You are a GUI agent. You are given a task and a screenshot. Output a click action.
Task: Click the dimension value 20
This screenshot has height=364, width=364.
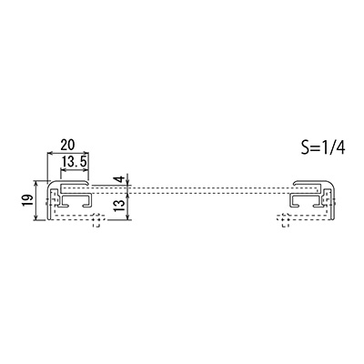click(67, 145)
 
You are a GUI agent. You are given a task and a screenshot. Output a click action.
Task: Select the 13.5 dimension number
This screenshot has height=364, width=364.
click(75, 163)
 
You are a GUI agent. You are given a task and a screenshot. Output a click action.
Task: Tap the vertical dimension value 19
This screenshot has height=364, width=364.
click(27, 200)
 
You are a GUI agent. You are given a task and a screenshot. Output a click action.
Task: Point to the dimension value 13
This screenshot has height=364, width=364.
click(120, 206)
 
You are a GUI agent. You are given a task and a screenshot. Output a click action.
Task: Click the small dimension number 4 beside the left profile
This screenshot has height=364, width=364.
click(121, 179)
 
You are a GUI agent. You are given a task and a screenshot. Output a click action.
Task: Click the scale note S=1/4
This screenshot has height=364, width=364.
click(323, 147)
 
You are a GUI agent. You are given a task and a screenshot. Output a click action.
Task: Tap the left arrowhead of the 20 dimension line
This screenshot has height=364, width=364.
click(49, 154)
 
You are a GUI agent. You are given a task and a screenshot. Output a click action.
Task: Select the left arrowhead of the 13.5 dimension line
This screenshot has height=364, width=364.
click(64, 170)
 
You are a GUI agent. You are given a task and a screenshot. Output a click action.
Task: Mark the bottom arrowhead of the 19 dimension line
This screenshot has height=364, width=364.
click(36, 217)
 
